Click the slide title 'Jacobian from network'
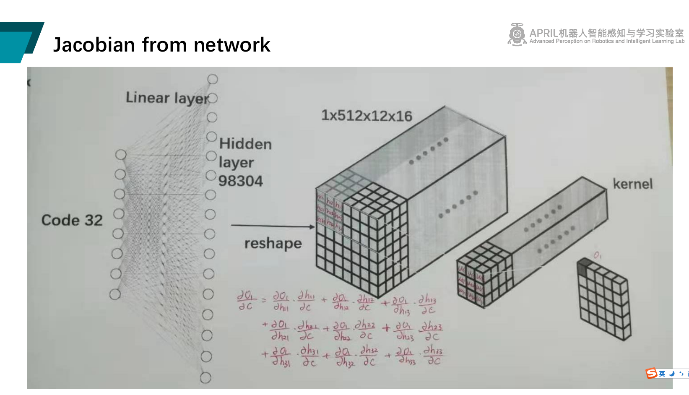(161, 45)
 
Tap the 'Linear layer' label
(167, 98)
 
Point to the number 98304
(240, 181)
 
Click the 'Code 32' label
(72, 220)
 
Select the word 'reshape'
(273, 243)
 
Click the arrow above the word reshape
(273, 226)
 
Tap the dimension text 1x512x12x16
(367, 116)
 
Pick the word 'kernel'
(632, 184)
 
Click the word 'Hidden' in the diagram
(245, 144)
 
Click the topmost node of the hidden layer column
(213, 79)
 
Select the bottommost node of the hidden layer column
(205, 378)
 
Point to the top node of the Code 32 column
(121, 155)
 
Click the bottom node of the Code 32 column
(115, 294)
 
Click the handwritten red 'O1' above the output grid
(597, 255)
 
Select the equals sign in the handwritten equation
(264, 300)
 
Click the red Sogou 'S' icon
(651, 373)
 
